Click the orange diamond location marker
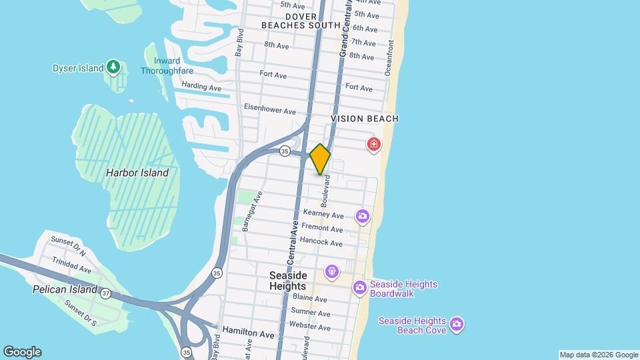click(320, 159)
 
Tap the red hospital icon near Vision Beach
click(374, 144)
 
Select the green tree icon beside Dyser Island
click(114, 67)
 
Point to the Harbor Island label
click(137, 173)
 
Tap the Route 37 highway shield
click(106, 293)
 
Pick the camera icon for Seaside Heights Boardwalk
click(360, 288)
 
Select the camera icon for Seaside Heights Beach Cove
click(457, 325)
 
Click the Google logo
click(22, 352)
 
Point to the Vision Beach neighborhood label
click(365, 119)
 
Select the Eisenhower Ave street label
click(269, 109)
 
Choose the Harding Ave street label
click(201, 87)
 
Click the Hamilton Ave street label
click(248, 331)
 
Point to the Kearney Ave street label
click(323, 214)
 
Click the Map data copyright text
click(598, 355)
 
